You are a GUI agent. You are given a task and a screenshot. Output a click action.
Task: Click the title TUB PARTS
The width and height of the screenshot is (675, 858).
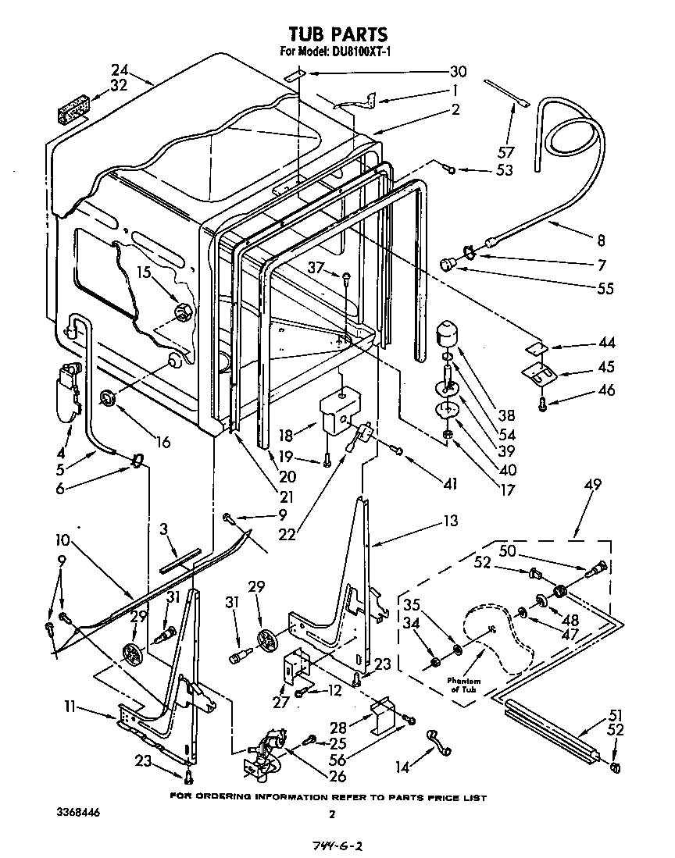337,34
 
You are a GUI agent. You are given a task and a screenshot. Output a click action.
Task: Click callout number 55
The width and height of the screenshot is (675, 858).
605,289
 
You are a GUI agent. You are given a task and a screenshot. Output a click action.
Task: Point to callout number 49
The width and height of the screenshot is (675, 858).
591,485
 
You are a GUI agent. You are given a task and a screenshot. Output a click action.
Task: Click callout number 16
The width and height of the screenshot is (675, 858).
162,443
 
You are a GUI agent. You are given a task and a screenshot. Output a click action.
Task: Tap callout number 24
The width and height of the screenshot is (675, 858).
119,69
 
